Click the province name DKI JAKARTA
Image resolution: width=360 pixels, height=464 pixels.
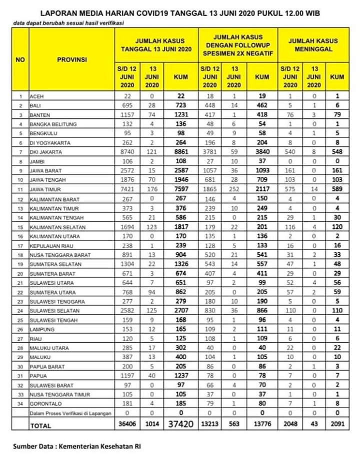45,152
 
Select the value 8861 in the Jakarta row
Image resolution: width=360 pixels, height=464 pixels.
180,152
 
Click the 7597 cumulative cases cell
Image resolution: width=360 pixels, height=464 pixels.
180,190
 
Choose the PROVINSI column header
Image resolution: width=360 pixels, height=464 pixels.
71,59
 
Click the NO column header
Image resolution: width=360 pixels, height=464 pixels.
20,59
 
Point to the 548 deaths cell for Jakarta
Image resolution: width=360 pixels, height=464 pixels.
337,152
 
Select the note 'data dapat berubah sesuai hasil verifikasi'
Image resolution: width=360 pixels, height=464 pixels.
68,23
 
